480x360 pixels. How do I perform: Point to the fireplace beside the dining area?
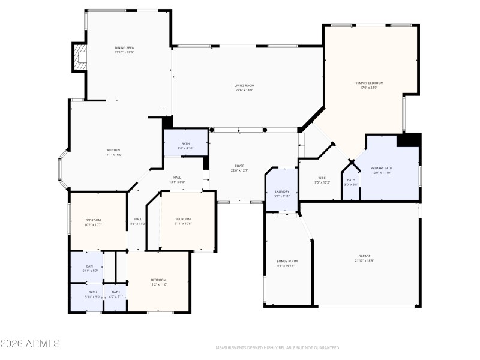coord(80,58)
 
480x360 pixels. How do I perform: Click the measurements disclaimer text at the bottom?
coord(277,347)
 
